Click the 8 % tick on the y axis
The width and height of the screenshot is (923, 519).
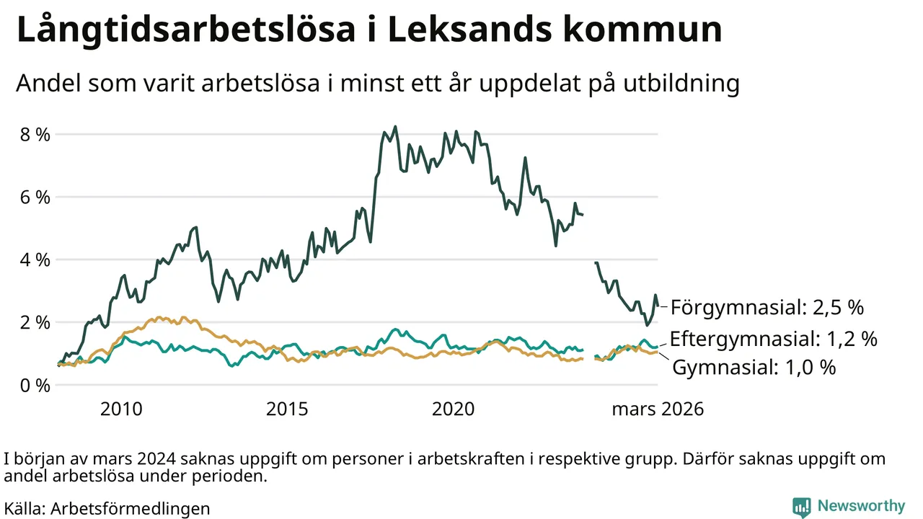35,134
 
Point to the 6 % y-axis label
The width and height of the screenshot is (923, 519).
35,197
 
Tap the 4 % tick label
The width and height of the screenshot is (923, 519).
35,259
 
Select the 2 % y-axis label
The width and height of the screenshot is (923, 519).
35,322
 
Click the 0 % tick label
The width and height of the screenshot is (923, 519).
35,385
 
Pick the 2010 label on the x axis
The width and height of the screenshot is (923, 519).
120,409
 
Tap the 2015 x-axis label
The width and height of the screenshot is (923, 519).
287,409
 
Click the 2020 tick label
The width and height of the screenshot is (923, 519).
454,409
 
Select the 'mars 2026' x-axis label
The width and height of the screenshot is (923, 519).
658,409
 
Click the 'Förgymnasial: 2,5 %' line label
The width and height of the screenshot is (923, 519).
767,308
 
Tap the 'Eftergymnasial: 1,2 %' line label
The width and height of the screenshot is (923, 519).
773,339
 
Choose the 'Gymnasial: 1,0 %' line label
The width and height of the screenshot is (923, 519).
754,368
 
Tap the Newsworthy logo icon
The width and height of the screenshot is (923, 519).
801,506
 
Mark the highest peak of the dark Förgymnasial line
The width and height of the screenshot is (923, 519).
395,127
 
